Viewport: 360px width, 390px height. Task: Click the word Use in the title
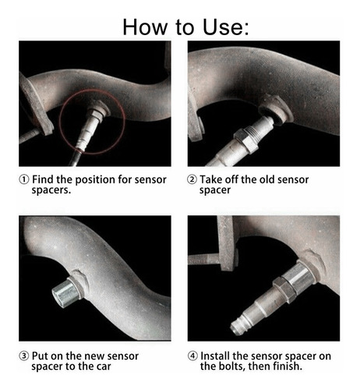pyautogui.click(x=225, y=27)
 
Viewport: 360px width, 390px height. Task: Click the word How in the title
pyautogui.click(x=145, y=27)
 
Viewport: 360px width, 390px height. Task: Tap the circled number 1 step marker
pyautogui.click(x=24, y=179)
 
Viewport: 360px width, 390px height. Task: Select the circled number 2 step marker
pyautogui.click(x=192, y=179)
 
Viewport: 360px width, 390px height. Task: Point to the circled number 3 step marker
pyautogui.click(x=24, y=356)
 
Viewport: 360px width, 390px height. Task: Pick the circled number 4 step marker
pyautogui.click(x=192, y=356)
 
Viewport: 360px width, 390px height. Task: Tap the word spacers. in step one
pyautogui.click(x=51, y=190)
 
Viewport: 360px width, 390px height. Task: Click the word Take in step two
pyautogui.click(x=210, y=179)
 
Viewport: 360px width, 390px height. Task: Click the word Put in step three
pyautogui.click(x=41, y=356)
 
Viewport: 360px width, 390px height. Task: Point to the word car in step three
pyautogui.click(x=104, y=367)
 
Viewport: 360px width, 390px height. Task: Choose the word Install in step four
pyautogui.click(x=215, y=356)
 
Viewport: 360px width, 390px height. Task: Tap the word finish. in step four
pyautogui.click(x=288, y=366)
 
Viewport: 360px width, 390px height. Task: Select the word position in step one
pyautogui.click(x=95, y=179)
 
